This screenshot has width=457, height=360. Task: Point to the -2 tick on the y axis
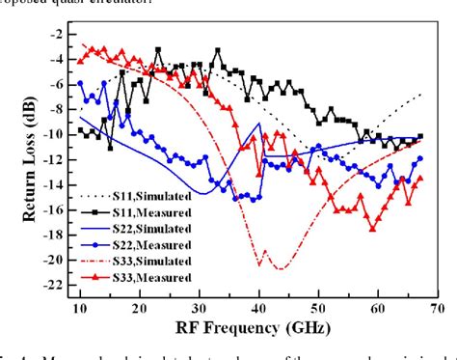point(56,34)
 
